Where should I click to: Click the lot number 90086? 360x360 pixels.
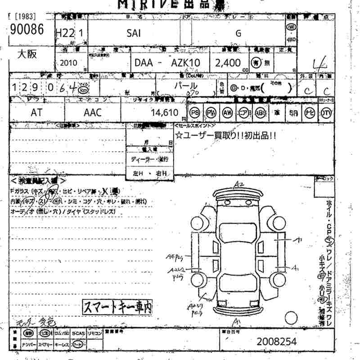click(x=25, y=30)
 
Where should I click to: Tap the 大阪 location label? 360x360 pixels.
click(x=27, y=54)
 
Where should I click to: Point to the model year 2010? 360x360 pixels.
click(x=67, y=63)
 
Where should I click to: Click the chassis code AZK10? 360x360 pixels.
click(x=185, y=63)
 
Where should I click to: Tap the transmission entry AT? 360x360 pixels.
click(x=37, y=113)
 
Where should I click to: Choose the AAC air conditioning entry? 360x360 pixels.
click(x=93, y=113)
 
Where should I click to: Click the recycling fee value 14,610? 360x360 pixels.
click(x=166, y=113)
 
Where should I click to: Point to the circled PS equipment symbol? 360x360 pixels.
click(x=195, y=112)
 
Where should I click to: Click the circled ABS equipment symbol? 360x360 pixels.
click(x=261, y=112)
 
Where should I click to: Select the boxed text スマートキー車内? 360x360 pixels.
click(x=117, y=307)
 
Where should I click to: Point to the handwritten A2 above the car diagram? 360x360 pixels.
click(x=238, y=184)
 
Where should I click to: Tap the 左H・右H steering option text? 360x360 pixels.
click(x=150, y=173)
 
